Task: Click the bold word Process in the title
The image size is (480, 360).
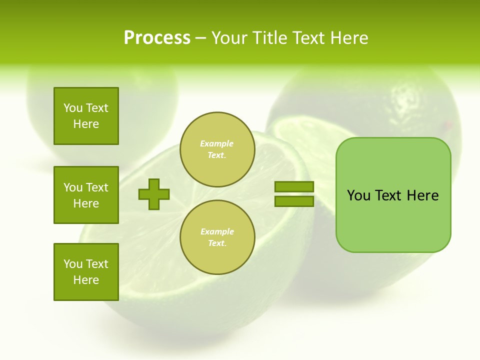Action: pyautogui.click(x=157, y=38)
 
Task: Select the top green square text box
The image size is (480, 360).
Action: pyautogui.click(x=86, y=116)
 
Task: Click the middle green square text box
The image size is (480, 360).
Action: pyautogui.click(x=86, y=195)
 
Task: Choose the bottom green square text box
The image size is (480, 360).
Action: pyautogui.click(x=86, y=272)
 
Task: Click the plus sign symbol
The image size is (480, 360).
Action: pyautogui.click(x=154, y=194)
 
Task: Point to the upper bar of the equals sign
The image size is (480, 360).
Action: pyautogui.click(x=294, y=186)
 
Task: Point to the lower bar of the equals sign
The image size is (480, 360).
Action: pyautogui.click(x=294, y=201)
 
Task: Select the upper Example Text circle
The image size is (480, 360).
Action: pyautogui.click(x=217, y=149)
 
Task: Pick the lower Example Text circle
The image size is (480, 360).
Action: pyautogui.click(x=217, y=237)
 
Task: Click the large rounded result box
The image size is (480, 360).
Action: pyautogui.click(x=393, y=195)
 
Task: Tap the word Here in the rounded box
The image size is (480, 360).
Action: pyautogui.click(x=422, y=195)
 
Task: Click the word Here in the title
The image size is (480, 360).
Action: pyautogui.click(x=349, y=38)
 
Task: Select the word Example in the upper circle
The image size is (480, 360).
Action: pyautogui.click(x=217, y=143)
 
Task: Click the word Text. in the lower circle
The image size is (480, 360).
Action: pyautogui.click(x=217, y=243)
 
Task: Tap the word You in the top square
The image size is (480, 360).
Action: pyautogui.click(x=73, y=108)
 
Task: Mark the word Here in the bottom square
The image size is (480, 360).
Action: pyautogui.click(x=86, y=280)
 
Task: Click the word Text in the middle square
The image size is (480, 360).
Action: pyautogui.click(x=97, y=187)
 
